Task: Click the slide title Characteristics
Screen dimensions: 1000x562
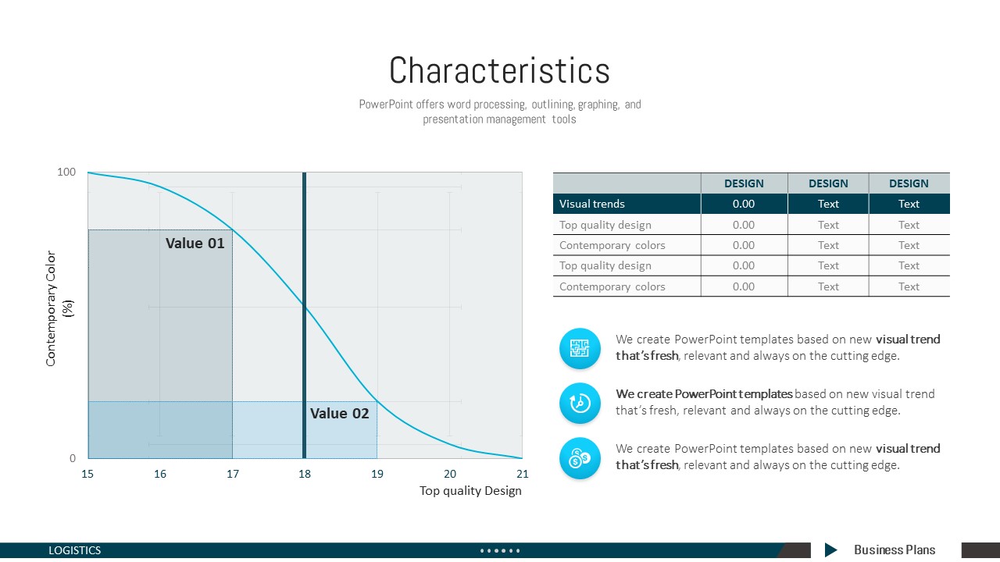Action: [499, 70]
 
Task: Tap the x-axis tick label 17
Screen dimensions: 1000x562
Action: [233, 474]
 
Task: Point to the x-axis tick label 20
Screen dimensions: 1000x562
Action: [450, 474]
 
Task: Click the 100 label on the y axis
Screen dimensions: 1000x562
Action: [66, 172]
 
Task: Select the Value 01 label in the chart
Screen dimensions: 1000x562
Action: [195, 243]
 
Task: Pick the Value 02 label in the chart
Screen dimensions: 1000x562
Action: [340, 414]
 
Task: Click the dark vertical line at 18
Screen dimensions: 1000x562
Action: [305, 315]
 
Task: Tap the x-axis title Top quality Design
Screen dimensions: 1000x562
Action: [470, 491]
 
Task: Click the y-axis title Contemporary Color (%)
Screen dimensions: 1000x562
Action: [58, 308]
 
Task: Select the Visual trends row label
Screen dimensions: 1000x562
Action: [592, 204]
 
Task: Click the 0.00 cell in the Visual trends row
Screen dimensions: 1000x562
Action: [744, 204]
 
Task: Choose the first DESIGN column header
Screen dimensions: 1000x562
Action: [744, 183]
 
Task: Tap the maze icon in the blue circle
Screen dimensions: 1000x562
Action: [580, 348]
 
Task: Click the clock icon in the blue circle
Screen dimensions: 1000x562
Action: [580, 404]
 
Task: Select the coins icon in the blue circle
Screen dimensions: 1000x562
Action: [580, 458]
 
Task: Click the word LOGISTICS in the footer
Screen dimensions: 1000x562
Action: [74, 550]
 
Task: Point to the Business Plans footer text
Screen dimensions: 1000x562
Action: [895, 550]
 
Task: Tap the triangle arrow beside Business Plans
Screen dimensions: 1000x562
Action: [830, 550]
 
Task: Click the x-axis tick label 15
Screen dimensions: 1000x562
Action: [87, 474]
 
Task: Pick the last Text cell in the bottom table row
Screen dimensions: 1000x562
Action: [909, 286]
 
